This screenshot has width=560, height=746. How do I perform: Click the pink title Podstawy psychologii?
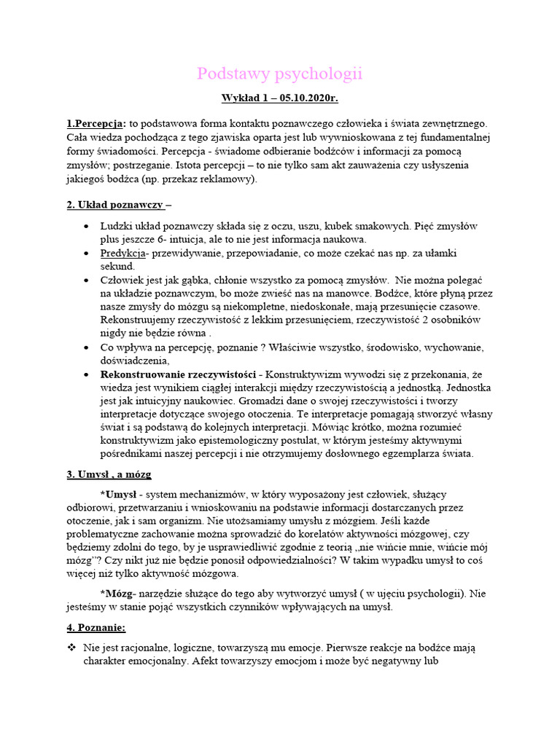(x=280, y=74)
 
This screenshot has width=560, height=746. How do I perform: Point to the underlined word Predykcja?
(x=123, y=254)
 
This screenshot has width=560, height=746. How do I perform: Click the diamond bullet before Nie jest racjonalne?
(x=71, y=648)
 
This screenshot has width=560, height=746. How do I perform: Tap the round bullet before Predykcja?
(x=87, y=254)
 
